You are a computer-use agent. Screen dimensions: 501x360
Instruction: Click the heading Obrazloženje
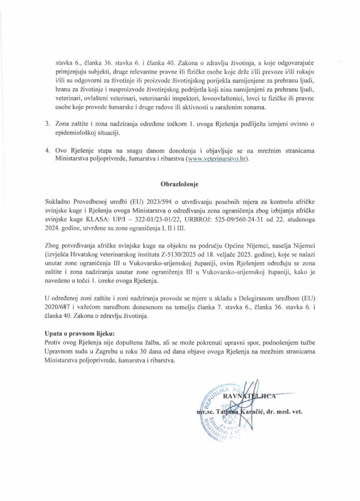tap(180, 185)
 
